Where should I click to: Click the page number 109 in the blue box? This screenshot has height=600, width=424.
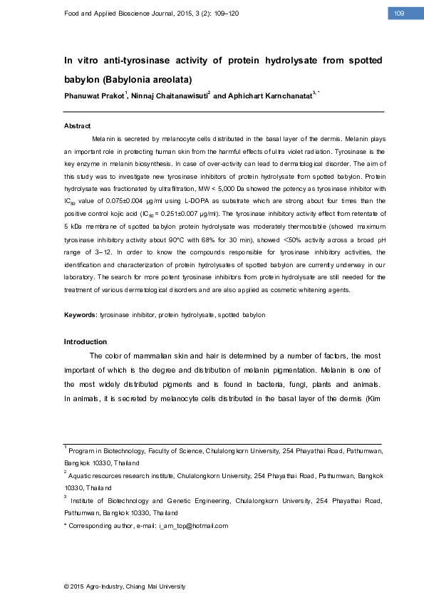[399, 14]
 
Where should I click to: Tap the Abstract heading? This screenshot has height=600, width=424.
[77, 126]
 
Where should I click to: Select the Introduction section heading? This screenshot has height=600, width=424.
[86, 341]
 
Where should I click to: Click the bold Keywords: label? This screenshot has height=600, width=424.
[81, 314]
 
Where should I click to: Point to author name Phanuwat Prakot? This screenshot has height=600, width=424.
[94, 95]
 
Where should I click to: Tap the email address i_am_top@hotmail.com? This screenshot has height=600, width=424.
[193, 526]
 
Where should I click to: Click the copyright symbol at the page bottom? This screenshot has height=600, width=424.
[66, 586]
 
